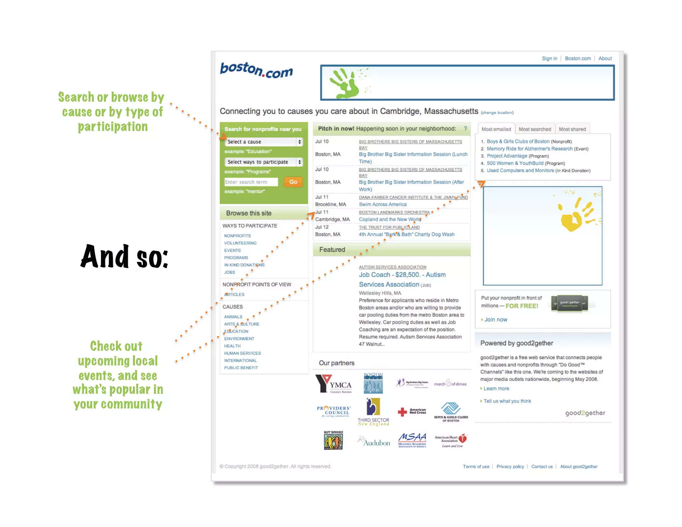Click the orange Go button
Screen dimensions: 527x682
[x=293, y=182]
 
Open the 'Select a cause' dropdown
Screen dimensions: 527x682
[x=263, y=142]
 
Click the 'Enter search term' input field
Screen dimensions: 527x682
[x=251, y=182]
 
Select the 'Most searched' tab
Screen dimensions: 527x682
[x=534, y=129]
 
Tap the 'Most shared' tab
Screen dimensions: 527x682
[x=572, y=129]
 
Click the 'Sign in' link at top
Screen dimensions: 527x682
[x=549, y=58]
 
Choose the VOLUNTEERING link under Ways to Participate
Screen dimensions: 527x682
[x=240, y=243]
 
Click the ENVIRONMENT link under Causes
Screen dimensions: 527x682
[x=239, y=339]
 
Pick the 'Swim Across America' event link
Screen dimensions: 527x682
[x=383, y=205]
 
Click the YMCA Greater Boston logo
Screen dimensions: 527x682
[x=334, y=384]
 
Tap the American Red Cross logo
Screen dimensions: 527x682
[x=412, y=412]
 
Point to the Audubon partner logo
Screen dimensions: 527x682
[x=374, y=442]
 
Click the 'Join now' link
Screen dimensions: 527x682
[x=496, y=320]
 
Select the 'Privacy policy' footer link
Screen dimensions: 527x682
[x=510, y=467]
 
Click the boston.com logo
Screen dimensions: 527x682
[x=256, y=70]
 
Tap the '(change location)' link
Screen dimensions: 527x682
[x=497, y=113]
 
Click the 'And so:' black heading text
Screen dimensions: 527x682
[x=124, y=257]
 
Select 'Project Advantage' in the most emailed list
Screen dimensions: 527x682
[x=507, y=156]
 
